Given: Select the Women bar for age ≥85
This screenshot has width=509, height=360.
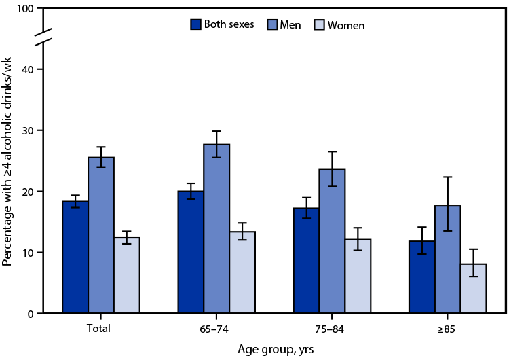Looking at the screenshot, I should tap(473, 289).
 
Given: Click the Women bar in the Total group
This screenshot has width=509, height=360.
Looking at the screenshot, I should tap(127, 275).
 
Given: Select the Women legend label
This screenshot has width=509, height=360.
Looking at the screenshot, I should tap(345, 25).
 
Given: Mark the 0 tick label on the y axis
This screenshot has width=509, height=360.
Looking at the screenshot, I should tap(31, 314).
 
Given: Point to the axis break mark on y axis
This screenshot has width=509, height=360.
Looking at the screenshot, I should tap(44, 39).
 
